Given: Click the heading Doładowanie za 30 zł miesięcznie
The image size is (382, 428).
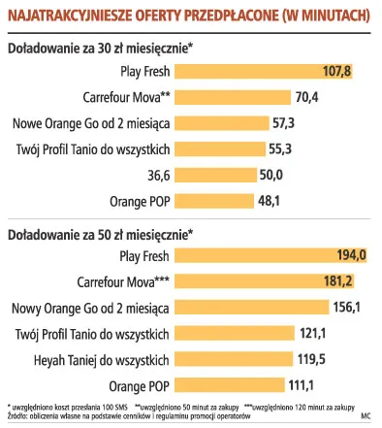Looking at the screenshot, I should (x=100, y=48).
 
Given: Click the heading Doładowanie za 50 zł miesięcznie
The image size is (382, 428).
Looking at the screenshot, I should (x=100, y=234).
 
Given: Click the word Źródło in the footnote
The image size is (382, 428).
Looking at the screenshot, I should (x=17, y=416).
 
